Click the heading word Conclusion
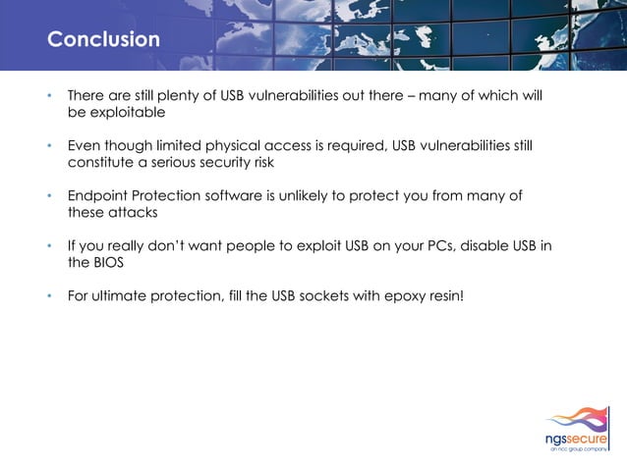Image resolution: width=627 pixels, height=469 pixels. (x=103, y=40)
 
